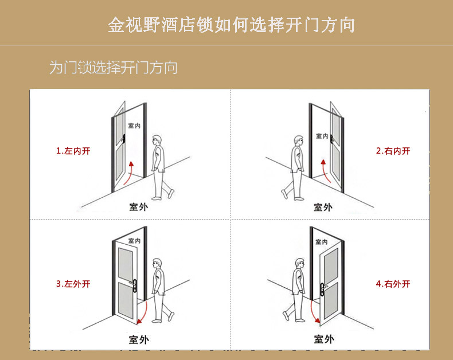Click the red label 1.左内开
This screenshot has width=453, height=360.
(73, 151)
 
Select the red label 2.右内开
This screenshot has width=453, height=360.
(393, 151)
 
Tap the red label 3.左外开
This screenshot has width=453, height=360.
(73, 284)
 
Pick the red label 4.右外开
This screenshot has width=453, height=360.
(393, 284)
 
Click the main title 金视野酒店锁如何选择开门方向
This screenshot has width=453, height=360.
(232, 25)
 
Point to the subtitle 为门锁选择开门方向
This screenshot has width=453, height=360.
(114, 68)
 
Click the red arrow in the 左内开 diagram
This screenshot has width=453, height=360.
(130, 173)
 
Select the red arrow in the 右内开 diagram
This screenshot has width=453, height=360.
(325, 171)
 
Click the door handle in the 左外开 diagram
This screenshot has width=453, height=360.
(134, 285)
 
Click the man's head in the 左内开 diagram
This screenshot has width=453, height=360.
(157, 140)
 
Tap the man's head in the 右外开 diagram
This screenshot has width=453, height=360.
(300, 264)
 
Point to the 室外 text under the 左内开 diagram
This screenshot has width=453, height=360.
(139, 207)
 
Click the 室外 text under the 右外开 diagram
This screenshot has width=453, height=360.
(324, 339)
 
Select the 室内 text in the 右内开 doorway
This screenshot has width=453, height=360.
(322, 136)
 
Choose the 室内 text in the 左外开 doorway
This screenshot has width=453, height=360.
(134, 241)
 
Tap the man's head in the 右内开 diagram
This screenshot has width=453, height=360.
(299, 142)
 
